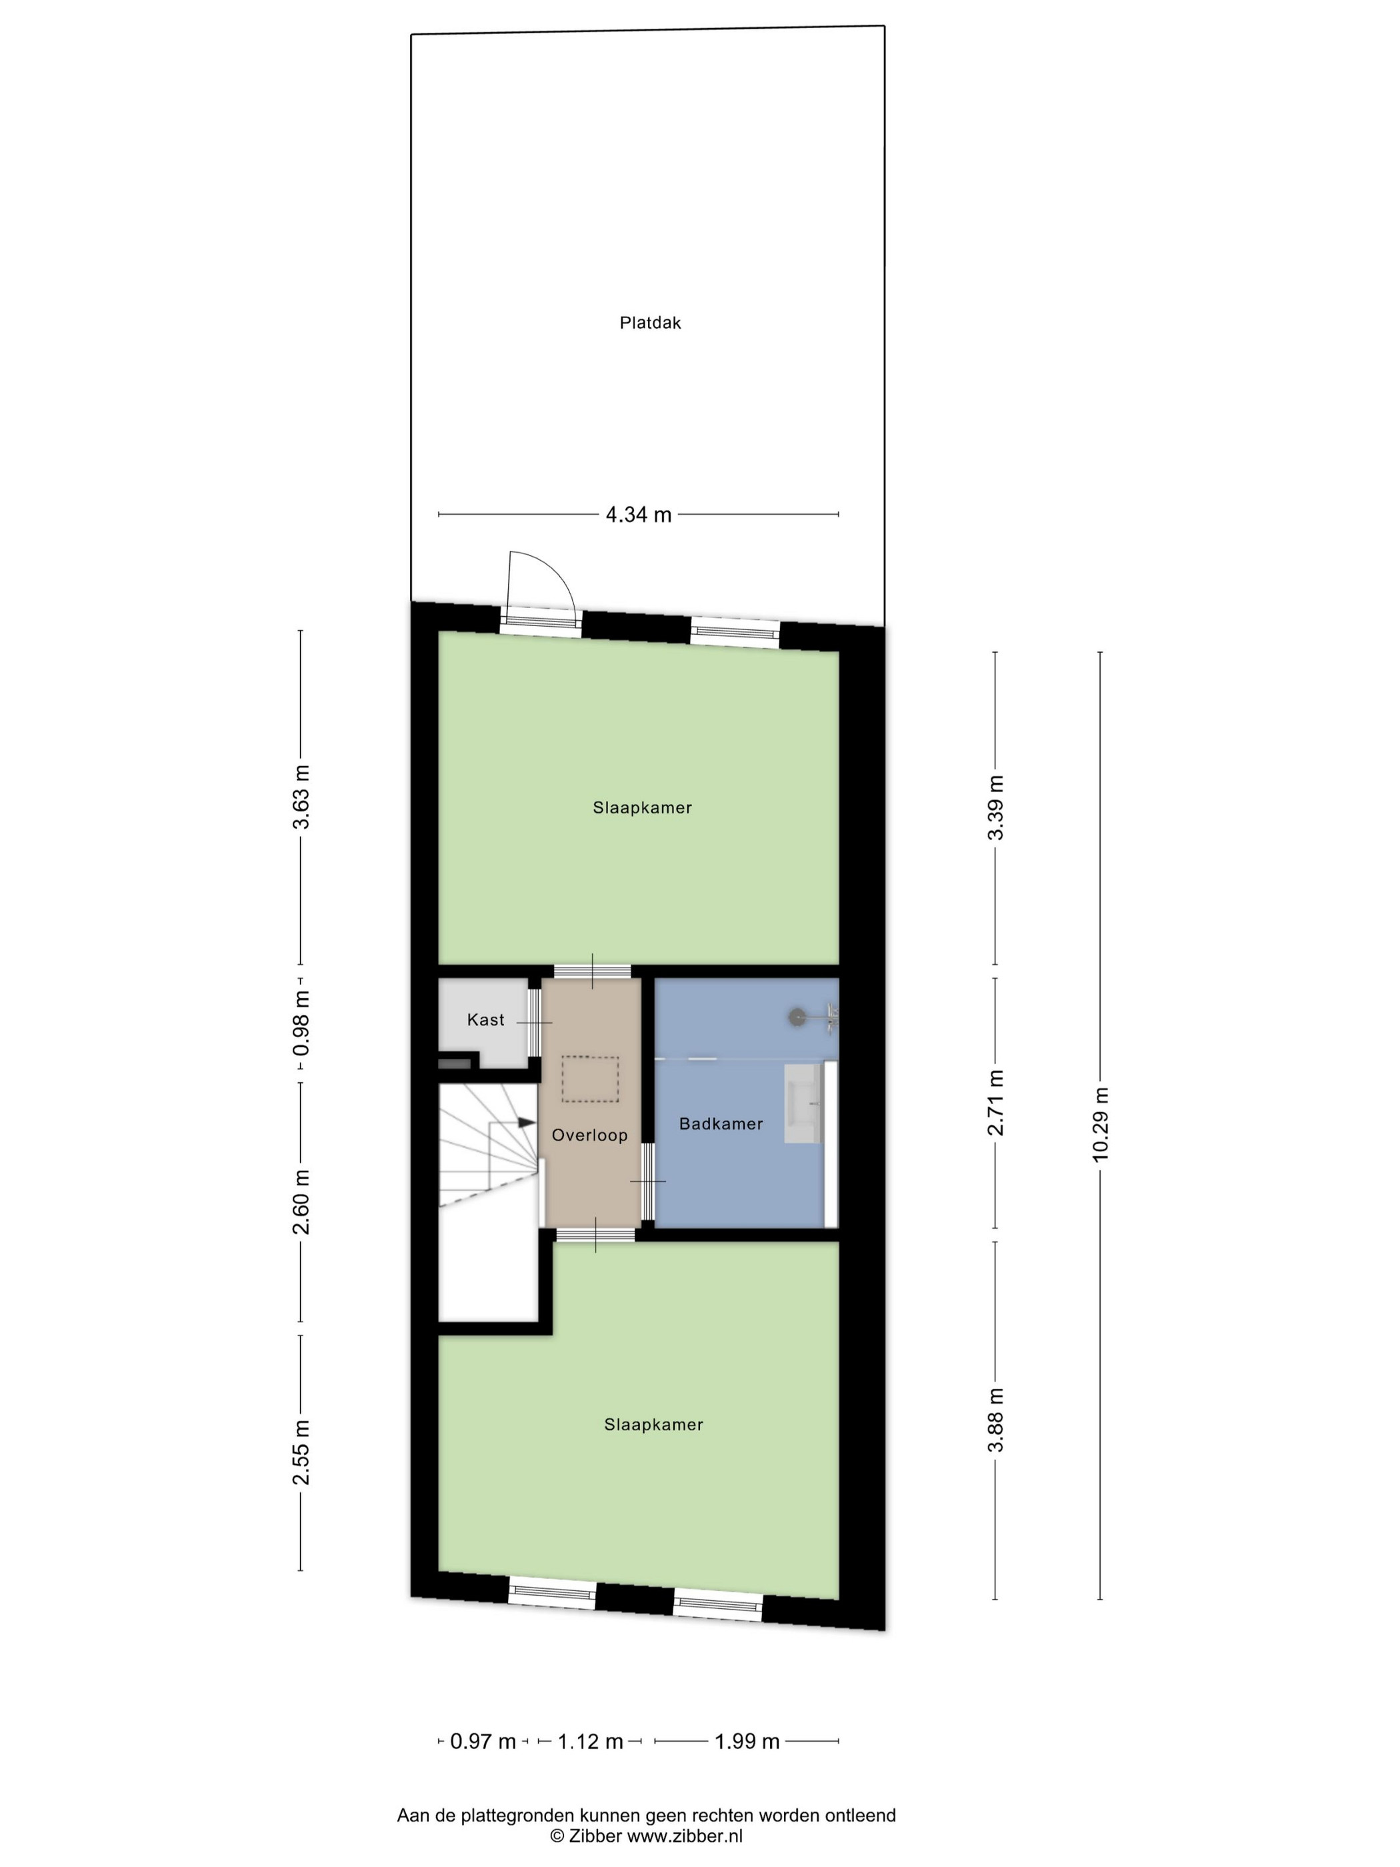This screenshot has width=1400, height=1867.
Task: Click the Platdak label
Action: pyautogui.click(x=650, y=323)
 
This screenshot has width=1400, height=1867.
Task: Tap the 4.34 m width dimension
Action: pyautogui.click(x=639, y=514)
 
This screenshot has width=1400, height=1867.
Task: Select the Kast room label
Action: pyautogui.click(x=485, y=1020)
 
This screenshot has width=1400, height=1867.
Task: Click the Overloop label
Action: pyautogui.click(x=590, y=1136)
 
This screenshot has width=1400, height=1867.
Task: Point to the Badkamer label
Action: pyautogui.click(x=721, y=1124)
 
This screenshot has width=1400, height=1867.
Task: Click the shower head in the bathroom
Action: pyautogui.click(x=797, y=1017)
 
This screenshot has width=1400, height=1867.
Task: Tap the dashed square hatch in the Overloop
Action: pyautogui.click(x=590, y=1079)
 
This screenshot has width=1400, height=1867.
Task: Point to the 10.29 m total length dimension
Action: pyautogui.click(x=1099, y=1124)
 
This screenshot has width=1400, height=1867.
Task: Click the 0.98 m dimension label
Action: pyautogui.click(x=301, y=1023)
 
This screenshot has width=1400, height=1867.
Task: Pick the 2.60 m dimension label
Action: pyautogui.click(x=301, y=1202)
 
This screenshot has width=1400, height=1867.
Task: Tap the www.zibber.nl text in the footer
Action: pyautogui.click(x=685, y=1835)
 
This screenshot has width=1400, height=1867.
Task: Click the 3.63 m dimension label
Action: pyautogui.click(x=301, y=797)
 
